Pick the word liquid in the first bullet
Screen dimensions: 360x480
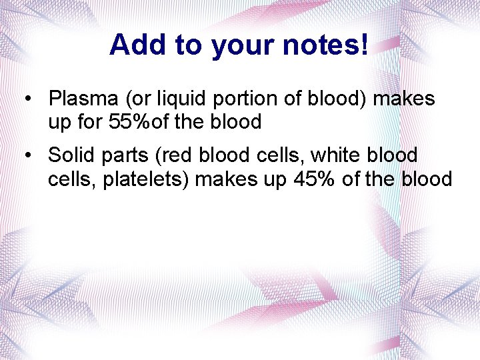[x=183, y=99]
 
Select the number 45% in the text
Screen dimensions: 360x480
[x=315, y=179]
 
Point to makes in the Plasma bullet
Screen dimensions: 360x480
[x=404, y=99]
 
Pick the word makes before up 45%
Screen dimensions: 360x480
[x=225, y=179]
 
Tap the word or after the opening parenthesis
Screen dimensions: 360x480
[x=143, y=99]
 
